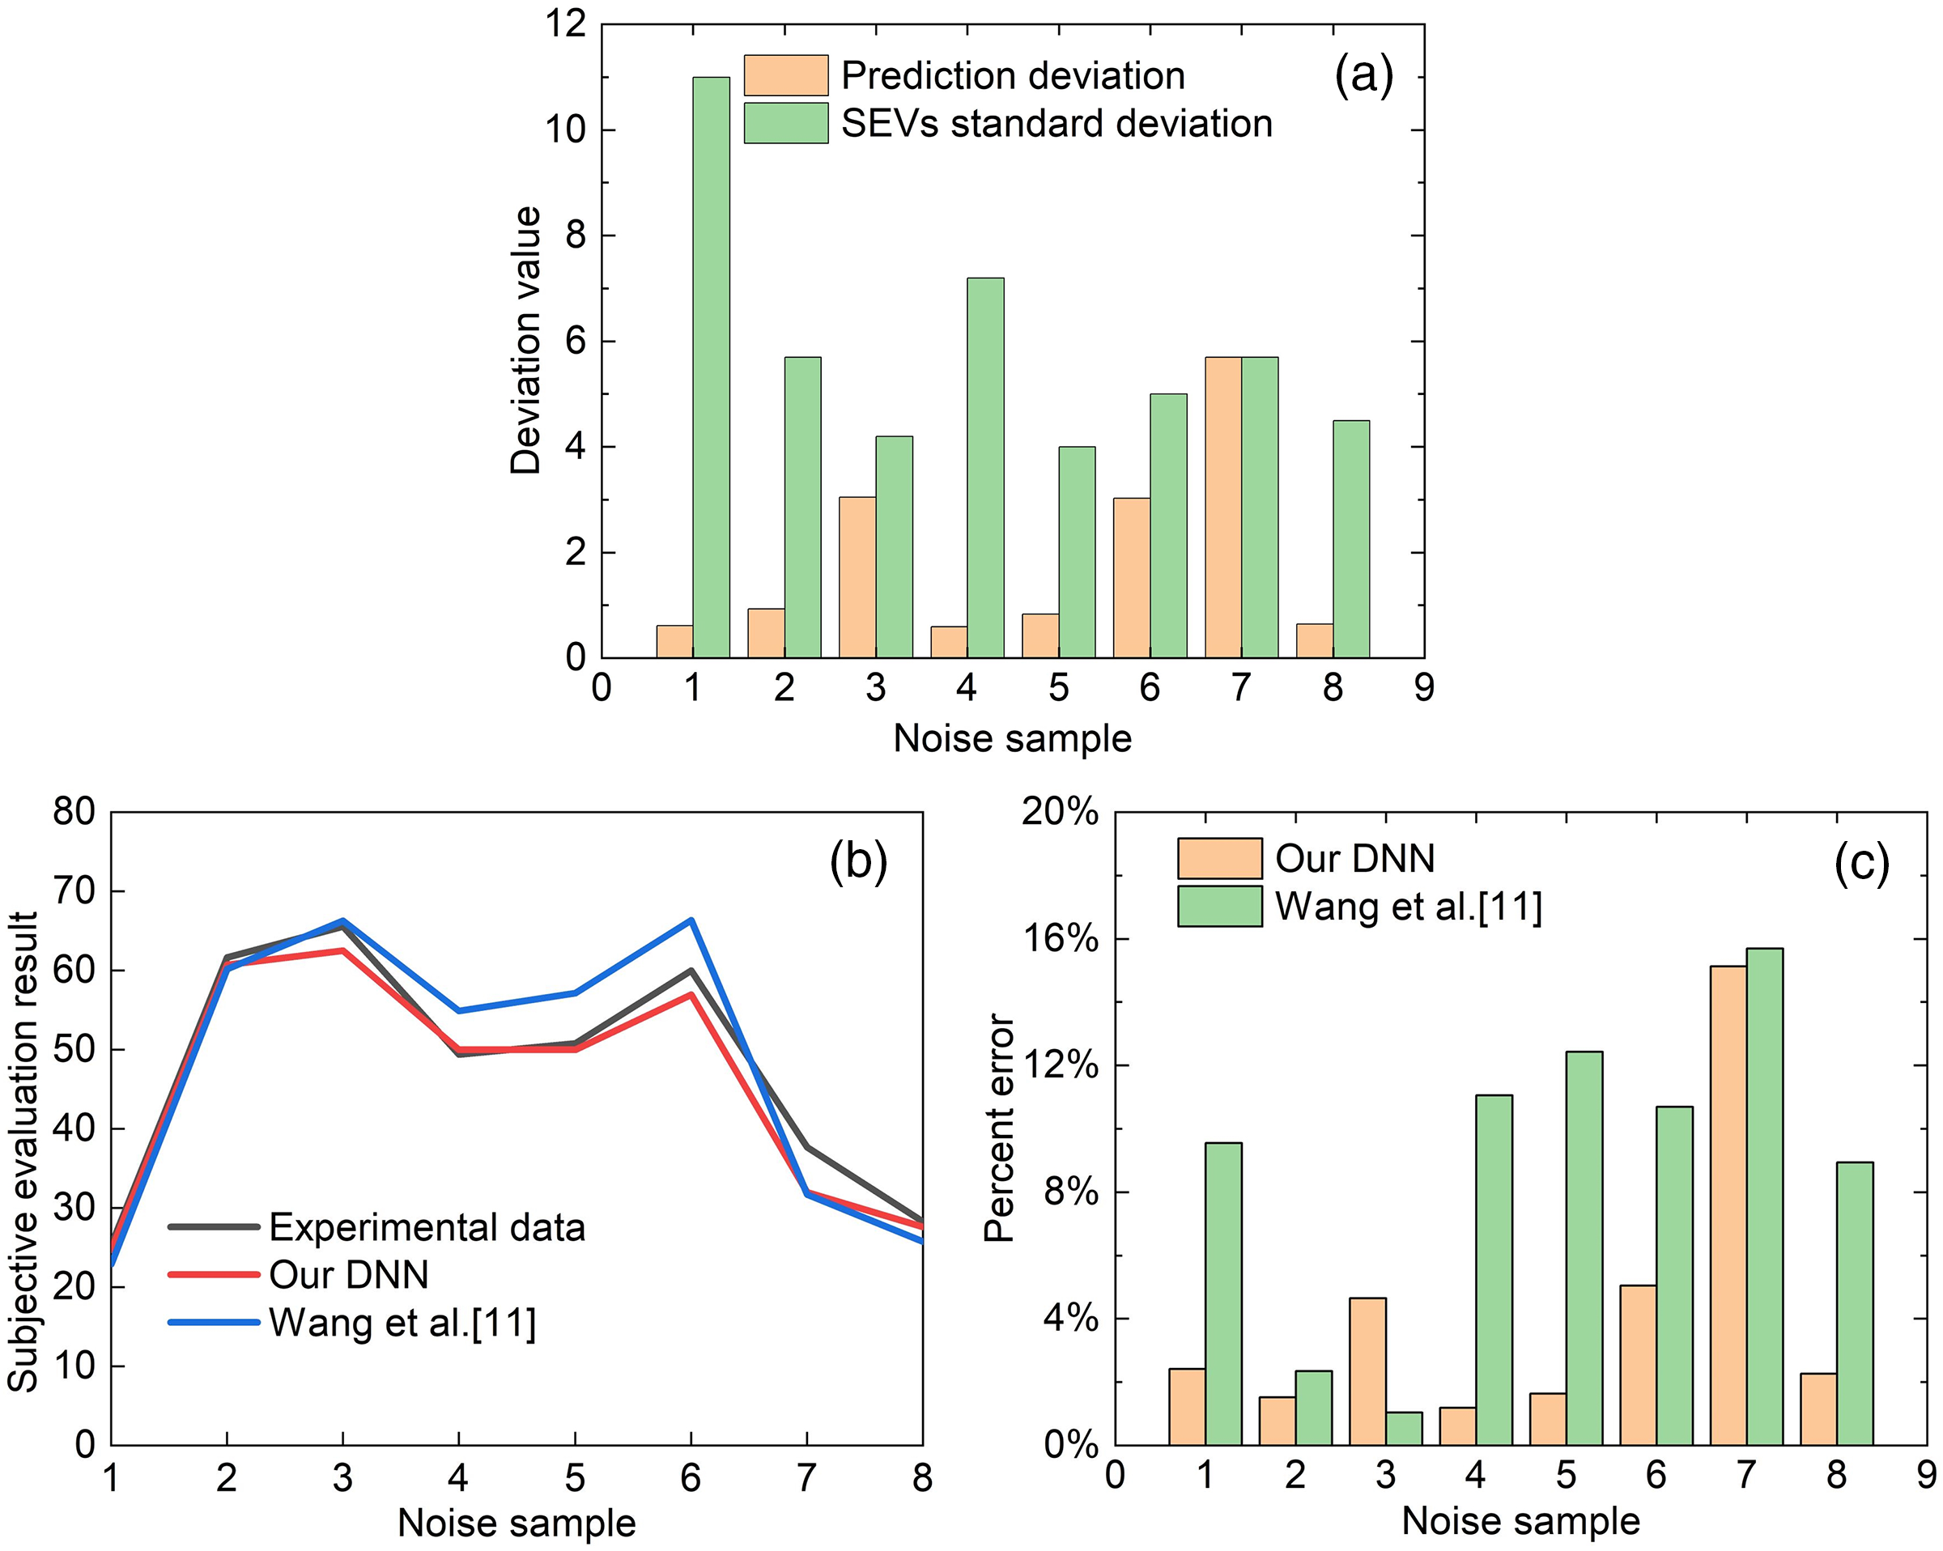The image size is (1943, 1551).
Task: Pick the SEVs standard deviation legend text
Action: pyautogui.click(x=1057, y=124)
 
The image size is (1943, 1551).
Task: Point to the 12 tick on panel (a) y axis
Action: pyautogui.click(x=565, y=24)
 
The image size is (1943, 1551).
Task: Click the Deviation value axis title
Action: pyautogui.click(x=525, y=340)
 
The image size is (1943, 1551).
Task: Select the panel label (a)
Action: pyautogui.click(x=1363, y=74)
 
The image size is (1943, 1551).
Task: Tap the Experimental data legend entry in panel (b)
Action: pyautogui.click(x=427, y=1227)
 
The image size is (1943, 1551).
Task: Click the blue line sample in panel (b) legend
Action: pyautogui.click(x=215, y=1323)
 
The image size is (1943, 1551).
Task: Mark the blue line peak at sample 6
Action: pyautogui.click(x=691, y=920)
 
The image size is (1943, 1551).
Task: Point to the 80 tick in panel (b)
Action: pyautogui.click(x=74, y=812)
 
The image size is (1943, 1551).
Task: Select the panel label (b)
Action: pyautogui.click(x=858, y=860)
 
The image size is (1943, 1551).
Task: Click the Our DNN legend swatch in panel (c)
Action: pyautogui.click(x=1218, y=858)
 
